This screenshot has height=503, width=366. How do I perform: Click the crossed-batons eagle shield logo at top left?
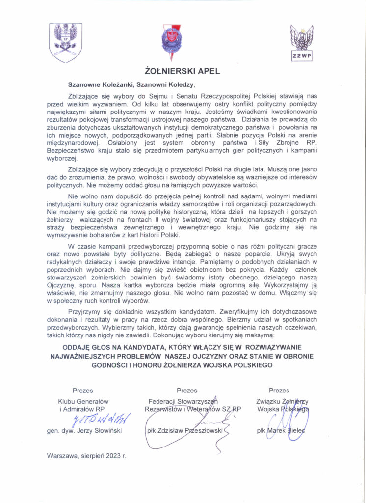[x=65, y=43]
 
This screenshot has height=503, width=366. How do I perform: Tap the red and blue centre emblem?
[x=172, y=42]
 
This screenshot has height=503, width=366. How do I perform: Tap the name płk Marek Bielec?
[x=281, y=430]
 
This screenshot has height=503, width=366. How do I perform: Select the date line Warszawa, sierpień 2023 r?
[x=86, y=455]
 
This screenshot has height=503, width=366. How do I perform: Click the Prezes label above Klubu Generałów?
[x=83, y=391]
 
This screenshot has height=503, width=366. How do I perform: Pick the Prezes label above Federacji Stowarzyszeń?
[x=187, y=391]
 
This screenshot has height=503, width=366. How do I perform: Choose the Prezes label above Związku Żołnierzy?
[x=279, y=391]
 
